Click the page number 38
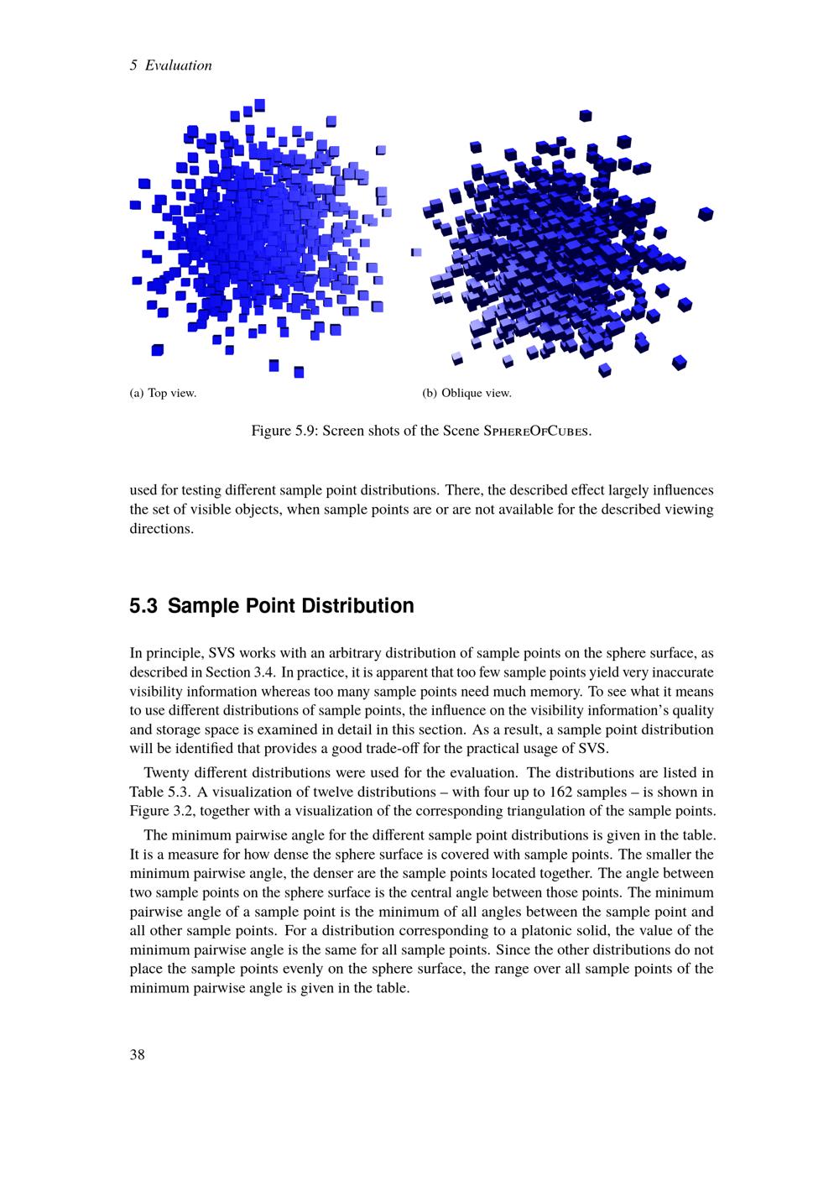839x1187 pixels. click(138, 1055)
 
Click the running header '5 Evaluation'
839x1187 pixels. click(171, 65)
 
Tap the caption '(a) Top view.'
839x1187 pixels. click(163, 393)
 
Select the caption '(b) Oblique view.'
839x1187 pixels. click(466, 393)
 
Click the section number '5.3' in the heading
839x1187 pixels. click(144, 606)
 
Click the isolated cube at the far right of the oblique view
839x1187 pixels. click(706, 213)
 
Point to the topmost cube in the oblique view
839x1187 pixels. click(586, 116)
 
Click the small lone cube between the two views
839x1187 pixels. click(416, 252)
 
